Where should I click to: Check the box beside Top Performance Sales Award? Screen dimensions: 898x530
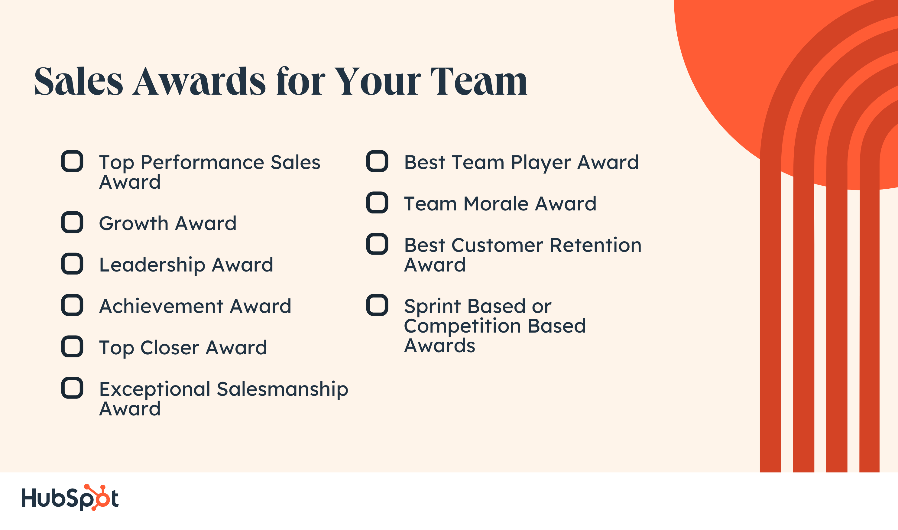72,161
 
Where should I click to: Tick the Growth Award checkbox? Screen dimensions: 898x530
72,222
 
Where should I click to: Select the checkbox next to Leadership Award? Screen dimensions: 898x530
72,264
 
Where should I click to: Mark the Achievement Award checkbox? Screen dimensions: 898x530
72,305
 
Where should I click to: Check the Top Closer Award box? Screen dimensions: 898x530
72,346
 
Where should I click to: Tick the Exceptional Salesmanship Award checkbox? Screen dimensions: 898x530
72,388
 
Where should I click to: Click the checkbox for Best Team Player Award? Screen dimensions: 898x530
377,161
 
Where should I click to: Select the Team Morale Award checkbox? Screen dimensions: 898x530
377,203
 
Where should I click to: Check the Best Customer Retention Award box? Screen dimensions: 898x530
377,244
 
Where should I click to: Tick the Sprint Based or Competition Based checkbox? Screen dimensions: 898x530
377,305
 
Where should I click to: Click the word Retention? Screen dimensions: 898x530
595,245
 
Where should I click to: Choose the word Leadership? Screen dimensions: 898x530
152,265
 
